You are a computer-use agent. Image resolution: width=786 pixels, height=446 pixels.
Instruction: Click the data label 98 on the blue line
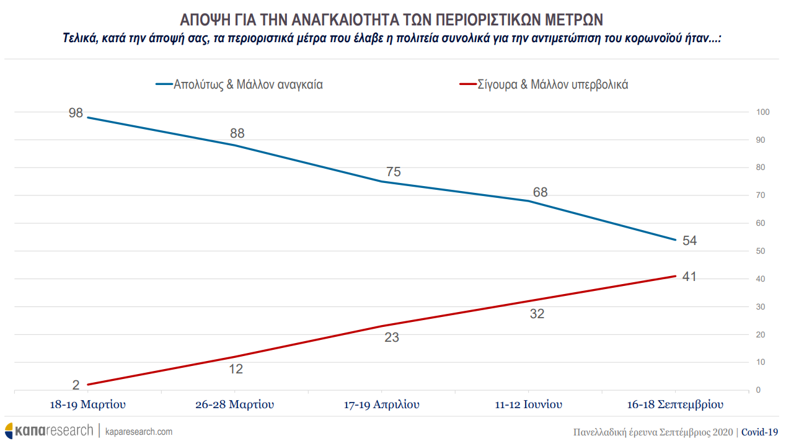coord(76,114)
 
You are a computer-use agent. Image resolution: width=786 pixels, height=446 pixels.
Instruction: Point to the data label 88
coord(237,133)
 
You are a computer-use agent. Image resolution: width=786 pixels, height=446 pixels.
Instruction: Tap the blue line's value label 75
coord(393,172)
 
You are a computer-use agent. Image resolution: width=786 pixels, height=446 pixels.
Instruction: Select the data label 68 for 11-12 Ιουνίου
coord(540,192)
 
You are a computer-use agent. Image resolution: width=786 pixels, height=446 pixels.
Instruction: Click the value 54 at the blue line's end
coord(689,241)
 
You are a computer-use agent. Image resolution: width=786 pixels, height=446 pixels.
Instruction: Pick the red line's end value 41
coord(689,277)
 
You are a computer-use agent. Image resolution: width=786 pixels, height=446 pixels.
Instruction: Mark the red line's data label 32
coord(537,314)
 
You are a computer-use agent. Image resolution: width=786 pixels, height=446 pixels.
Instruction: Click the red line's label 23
coord(392,337)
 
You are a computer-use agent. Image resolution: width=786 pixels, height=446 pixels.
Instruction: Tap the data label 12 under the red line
coord(236,368)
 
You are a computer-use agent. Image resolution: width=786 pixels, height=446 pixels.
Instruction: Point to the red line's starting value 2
coord(76,385)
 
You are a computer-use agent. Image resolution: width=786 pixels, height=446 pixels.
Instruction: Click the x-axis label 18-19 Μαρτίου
coord(87,405)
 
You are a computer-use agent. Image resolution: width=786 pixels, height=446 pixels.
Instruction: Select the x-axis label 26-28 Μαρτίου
coord(234,405)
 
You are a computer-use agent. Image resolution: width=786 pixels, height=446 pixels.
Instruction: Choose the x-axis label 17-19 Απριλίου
coord(381,405)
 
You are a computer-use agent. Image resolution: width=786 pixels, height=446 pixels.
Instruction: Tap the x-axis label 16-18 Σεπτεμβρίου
coord(675,405)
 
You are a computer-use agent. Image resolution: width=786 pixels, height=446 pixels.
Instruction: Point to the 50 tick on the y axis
coord(760,251)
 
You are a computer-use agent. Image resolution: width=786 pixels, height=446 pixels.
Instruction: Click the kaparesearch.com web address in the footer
coord(139,431)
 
